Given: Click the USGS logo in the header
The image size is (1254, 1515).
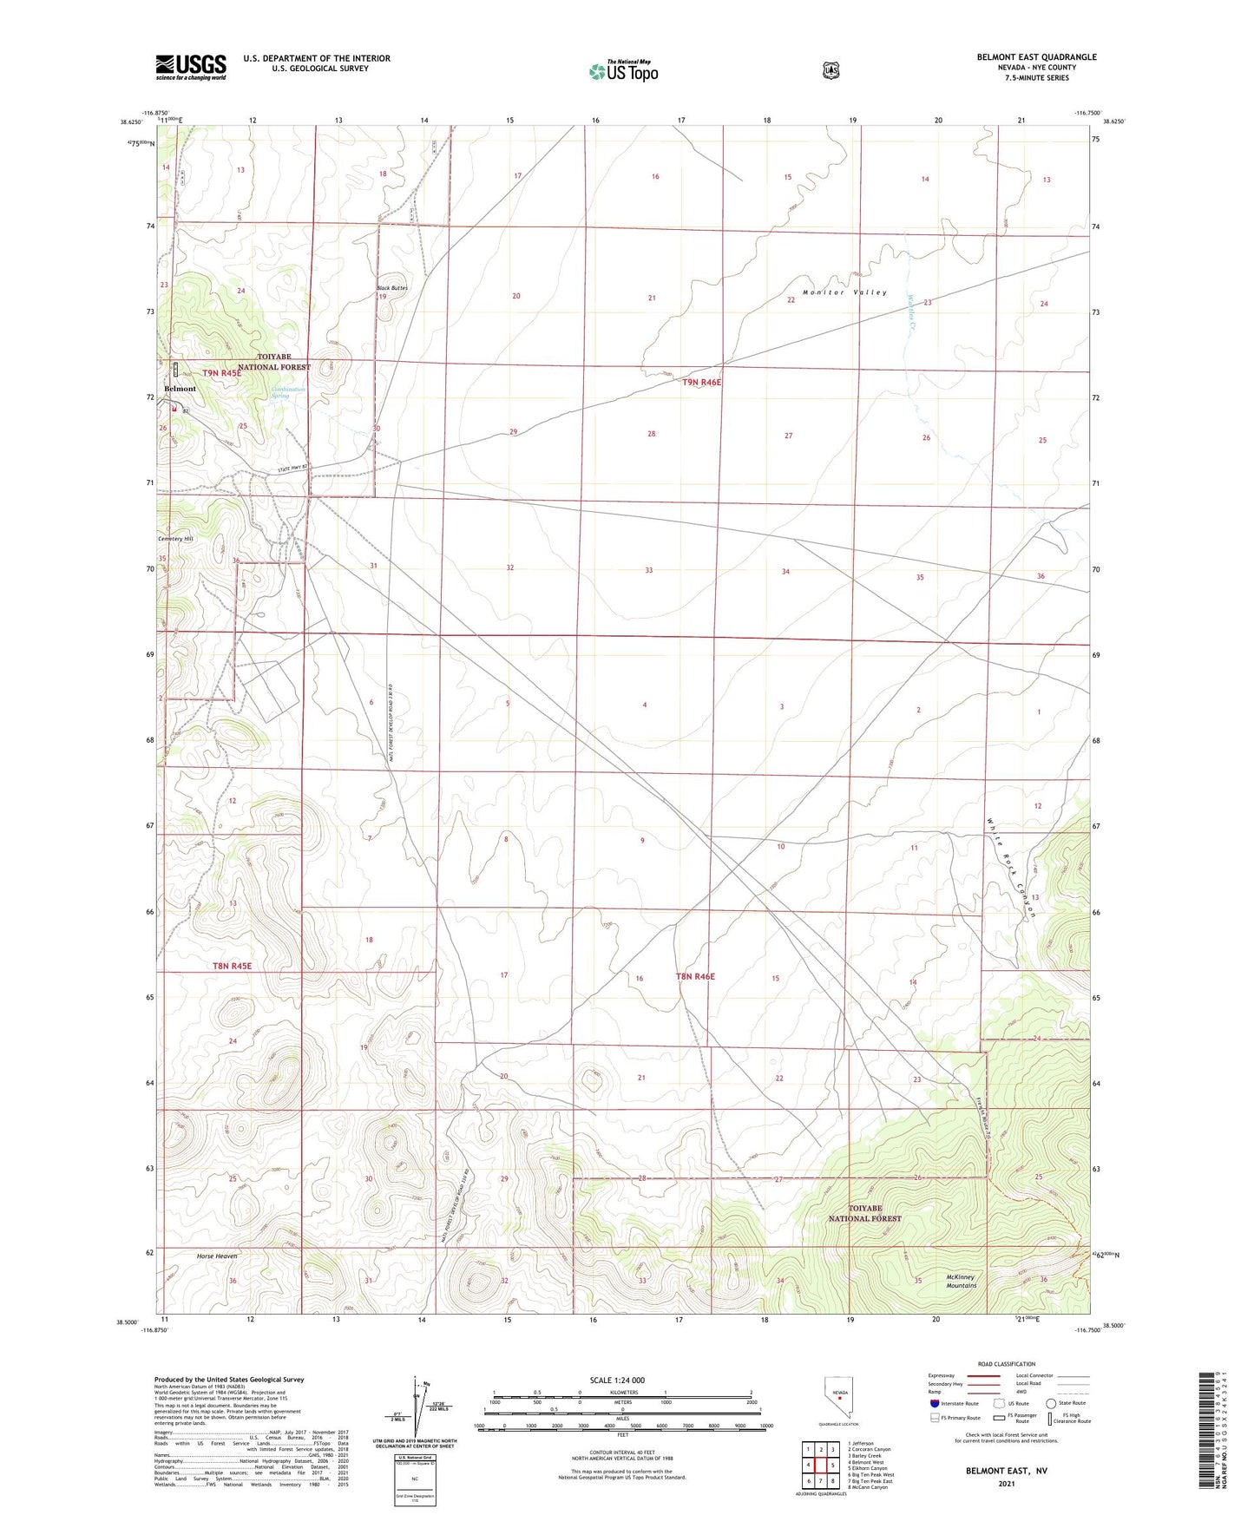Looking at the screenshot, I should coord(191,67).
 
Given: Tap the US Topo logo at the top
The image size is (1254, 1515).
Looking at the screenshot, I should coord(623,70).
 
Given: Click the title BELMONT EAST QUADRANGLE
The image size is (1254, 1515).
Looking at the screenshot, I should coord(1036,57).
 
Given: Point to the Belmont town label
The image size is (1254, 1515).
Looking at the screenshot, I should coord(180,389).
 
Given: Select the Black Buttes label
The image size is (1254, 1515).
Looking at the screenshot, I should coord(391,287).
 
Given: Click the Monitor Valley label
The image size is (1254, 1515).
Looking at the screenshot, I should coord(844,292).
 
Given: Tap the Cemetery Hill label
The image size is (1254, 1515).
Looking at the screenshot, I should coord(175,539).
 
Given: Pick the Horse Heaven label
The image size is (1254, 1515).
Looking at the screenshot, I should coord(217,1256).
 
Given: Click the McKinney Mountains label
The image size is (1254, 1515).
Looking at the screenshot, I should coord(961,1281).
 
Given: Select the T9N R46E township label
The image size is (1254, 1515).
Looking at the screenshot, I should coord(701,382).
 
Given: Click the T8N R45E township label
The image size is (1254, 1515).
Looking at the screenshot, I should coord(232,966).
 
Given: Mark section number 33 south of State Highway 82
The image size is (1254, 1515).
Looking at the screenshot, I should coord(648,570).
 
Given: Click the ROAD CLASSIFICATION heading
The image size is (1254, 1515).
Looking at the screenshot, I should coord(1007,1364).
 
